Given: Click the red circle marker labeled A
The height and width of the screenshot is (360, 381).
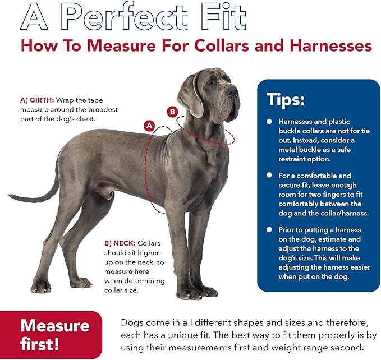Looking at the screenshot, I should pos(149,126).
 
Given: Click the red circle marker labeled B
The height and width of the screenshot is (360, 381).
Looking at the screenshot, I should pos(172,111).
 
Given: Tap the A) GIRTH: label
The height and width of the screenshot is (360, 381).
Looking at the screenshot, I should pos(37,100).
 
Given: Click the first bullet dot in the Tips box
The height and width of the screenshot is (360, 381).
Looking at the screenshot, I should pos(269,122).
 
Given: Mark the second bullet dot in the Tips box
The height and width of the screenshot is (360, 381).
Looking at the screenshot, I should pos(269,176).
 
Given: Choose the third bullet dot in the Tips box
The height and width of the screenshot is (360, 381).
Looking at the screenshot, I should pos(269,230).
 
